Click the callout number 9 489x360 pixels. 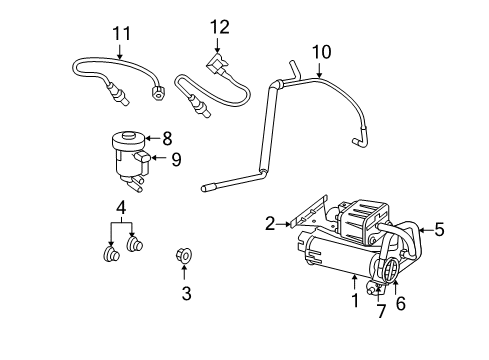coord(175,158)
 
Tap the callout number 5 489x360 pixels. coord(439,231)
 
